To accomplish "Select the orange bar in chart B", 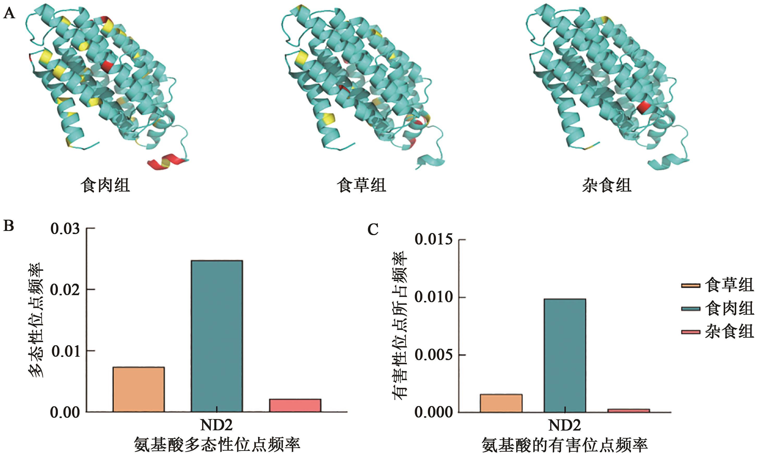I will click(138, 389).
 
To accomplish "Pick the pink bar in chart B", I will click(295, 405).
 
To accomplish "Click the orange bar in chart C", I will click(501, 403).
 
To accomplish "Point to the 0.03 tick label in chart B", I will click(65, 229).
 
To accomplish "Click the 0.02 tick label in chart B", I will click(65, 290).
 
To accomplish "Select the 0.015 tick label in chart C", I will click(433, 240).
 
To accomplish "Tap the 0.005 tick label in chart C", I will click(433, 355).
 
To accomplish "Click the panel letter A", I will click(9, 14).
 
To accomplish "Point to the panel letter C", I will click(373, 230).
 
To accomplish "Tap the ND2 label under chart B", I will click(216, 425).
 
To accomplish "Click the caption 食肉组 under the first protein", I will click(105, 185).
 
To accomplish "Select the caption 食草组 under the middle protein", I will click(361, 185).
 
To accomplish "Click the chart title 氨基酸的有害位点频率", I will click(564, 445).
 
